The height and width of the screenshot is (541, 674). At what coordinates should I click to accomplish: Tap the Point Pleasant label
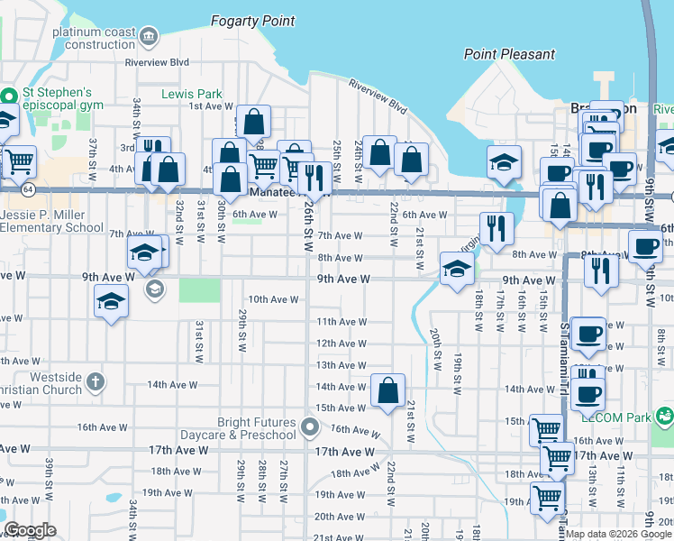[x=509, y=54]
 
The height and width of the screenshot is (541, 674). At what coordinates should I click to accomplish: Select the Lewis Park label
[x=191, y=94]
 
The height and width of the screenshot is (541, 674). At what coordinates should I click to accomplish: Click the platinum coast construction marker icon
[x=149, y=37]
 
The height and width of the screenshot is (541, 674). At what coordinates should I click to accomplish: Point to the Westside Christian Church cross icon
[x=96, y=383]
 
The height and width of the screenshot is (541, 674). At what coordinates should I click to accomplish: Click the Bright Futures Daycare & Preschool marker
[x=310, y=426]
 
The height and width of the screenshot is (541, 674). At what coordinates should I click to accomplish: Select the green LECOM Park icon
[x=664, y=417]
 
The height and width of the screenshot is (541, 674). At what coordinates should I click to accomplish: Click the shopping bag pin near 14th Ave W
[x=387, y=391]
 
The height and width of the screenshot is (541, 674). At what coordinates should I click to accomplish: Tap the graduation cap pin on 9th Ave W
[x=457, y=269]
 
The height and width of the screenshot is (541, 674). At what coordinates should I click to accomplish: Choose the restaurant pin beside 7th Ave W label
[x=495, y=229]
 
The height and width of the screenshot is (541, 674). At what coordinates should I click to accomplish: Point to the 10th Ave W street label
[x=273, y=299]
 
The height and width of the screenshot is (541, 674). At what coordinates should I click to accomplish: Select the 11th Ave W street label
[x=341, y=322]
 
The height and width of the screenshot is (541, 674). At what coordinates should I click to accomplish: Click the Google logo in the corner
[x=30, y=530]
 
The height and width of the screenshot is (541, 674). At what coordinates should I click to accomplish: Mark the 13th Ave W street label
[x=341, y=365]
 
